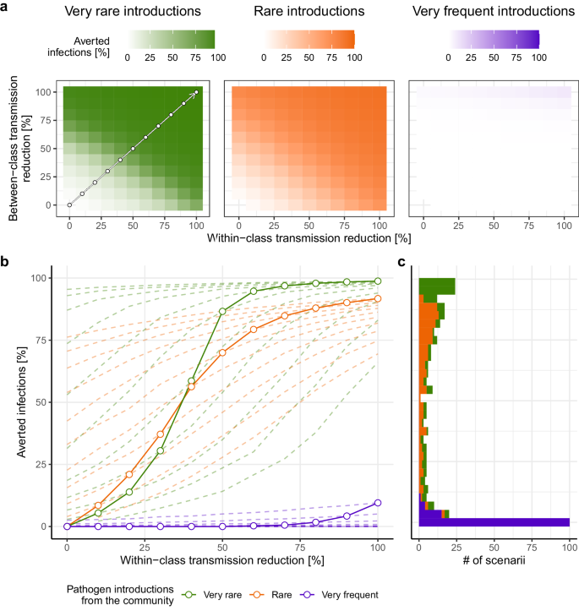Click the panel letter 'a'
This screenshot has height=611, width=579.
6,8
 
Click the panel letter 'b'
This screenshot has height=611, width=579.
6,263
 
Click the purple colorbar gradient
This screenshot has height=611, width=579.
494,39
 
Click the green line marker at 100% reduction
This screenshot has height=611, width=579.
378,281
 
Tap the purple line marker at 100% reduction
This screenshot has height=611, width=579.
378,503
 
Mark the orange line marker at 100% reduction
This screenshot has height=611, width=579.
378,298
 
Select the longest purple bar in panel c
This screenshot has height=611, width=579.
494,522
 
